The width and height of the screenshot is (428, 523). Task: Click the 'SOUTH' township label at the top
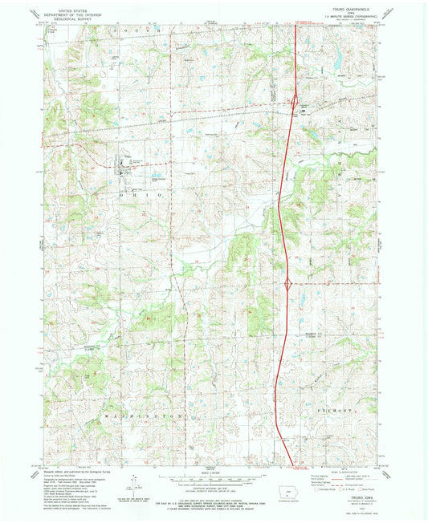pos(145,29)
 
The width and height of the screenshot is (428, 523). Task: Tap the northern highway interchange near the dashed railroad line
pos(295,101)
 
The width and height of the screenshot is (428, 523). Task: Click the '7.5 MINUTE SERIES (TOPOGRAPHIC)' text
pos(359,18)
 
